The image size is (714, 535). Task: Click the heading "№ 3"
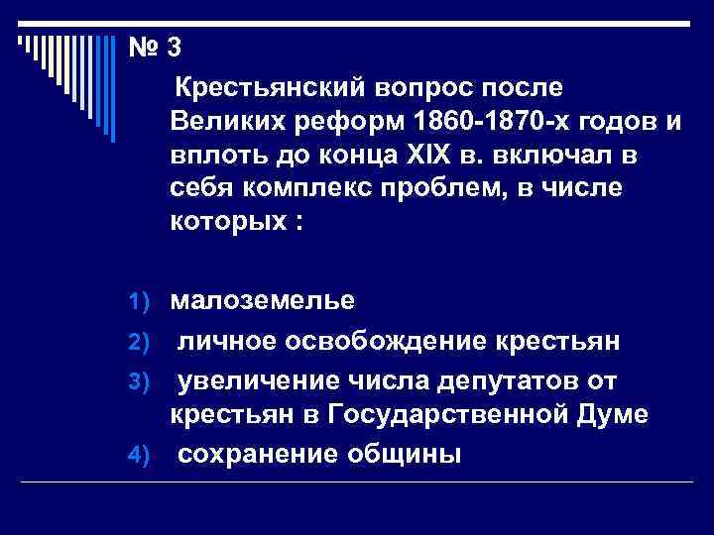154,47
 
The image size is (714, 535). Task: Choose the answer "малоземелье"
261,299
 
